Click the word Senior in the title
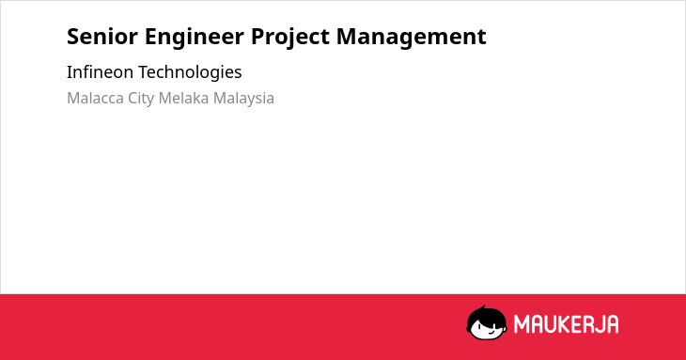pyautogui.click(x=101, y=37)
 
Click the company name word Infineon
pyautogui.click(x=100, y=71)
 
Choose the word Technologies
pyautogui.click(x=190, y=72)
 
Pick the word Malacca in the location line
pyautogui.click(x=95, y=98)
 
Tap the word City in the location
pyautogui.click(x=141, y=99)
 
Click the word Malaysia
pyautogui.click(x=243, y=99)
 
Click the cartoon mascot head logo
pyautogui.click(x=487, y=322)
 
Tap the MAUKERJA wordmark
pyautogui.click(x=566, y=324)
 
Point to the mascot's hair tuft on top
pyautogui.click(x=483, y=307)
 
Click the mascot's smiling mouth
pyautogui.click(x=491, y=333)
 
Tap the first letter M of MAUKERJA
pyautogui.click(x=522, y=324)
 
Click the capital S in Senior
pyautogui.click(x=73, y=37)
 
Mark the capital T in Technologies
pyautogui.click(x=144, y=72)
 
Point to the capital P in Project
pyautogui.click(x=258, y=37)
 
